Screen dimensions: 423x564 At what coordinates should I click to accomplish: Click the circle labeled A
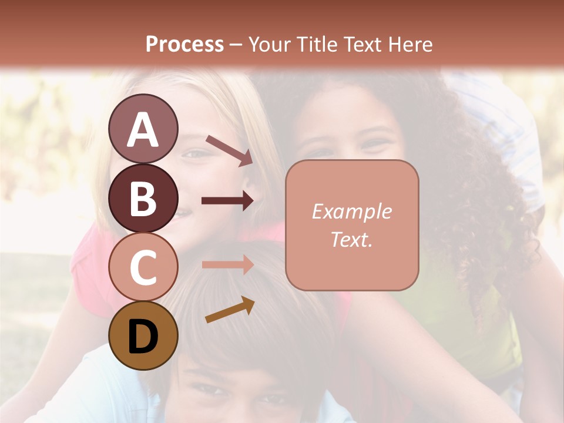point(143,129)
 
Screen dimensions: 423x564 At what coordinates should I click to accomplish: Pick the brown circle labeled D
point(143,335)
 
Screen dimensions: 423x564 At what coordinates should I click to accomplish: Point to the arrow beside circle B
point(227,201)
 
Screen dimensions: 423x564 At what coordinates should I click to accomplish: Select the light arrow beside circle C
point(227,265)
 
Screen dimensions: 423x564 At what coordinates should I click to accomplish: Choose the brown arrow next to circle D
point(230,310)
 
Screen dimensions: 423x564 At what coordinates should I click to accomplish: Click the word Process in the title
point(184,44)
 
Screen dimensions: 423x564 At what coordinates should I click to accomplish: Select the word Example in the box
point(351,211)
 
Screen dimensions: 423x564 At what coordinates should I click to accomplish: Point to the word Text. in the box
point(351,239)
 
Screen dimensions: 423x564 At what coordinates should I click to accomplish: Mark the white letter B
point(143,199)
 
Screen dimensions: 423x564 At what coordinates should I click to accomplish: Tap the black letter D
point(143,337)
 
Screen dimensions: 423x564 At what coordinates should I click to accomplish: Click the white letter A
point(143,130)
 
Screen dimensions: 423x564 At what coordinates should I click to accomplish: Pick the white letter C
point(143,267)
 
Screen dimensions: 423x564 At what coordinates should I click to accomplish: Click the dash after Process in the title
point(236,45)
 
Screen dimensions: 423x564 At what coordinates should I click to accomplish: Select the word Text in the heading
point(362,44)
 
